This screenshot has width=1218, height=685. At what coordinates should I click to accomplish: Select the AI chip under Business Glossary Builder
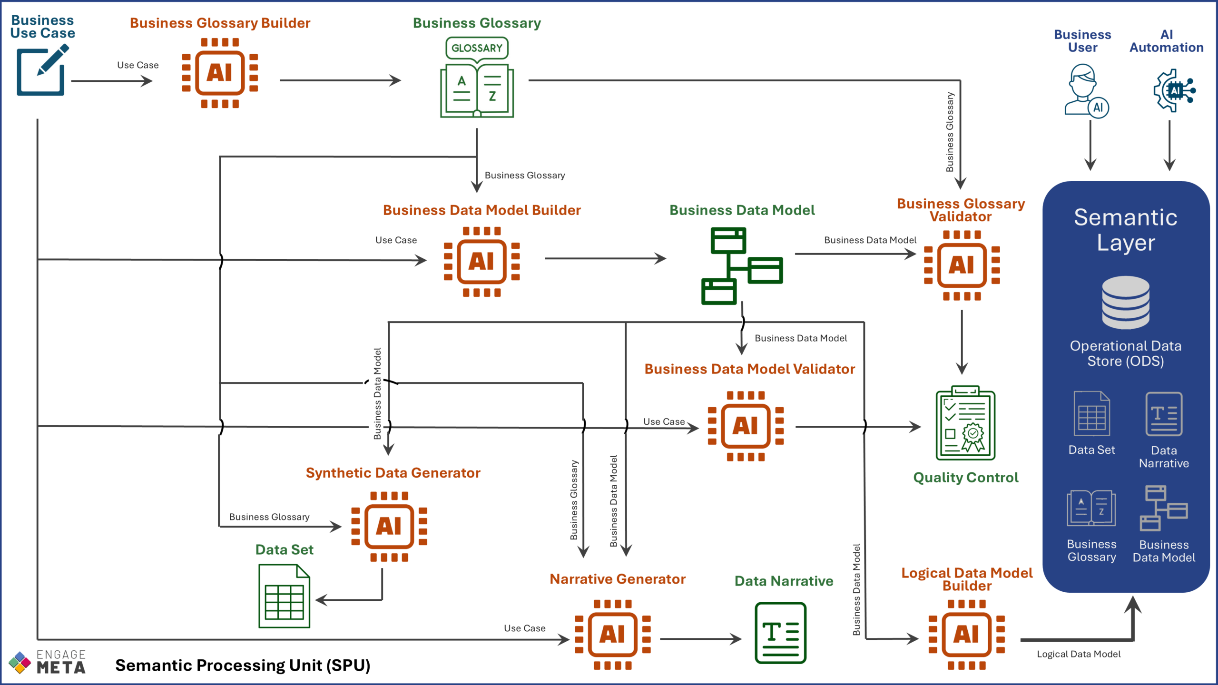click(220, 73)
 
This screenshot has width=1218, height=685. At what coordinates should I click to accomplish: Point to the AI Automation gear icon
click(1173, 90)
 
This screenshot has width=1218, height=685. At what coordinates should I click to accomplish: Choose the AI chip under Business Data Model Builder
click(481, 262)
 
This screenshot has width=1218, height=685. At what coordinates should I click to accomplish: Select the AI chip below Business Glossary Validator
click(962, 265)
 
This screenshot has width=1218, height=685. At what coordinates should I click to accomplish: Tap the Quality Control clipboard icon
click(965, 423)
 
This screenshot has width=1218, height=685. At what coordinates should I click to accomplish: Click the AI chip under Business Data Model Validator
click(746, 426)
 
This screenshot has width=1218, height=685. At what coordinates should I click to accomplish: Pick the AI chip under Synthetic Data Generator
click(389, 526)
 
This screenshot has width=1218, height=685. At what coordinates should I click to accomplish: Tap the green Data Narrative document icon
click(780, 633)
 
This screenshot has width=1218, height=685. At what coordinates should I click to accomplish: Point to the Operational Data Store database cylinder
click(1126, 303)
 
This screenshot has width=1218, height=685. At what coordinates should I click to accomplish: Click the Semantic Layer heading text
click(1126, 230)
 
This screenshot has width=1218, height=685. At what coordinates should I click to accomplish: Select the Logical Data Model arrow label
click(1079, 654)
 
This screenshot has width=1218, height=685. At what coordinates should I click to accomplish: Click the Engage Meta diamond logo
click(20, 663)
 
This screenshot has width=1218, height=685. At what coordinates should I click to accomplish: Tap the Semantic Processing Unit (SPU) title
click(243, 665)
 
